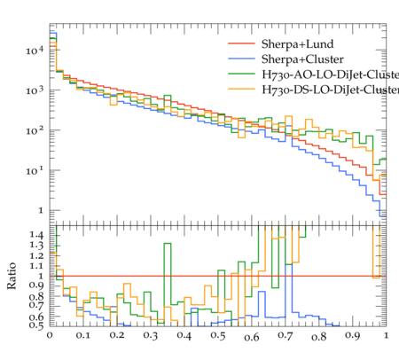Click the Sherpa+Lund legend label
click(x=297, y=44)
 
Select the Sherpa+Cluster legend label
click(x=302, y=59)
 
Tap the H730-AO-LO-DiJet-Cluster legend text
click(x=330, y=74)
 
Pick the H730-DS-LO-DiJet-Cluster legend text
click(x=330, y=90)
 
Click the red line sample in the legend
click(x=241, y=43)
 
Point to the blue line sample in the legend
click(x=241, y=59)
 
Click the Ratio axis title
click(x=12, y=276)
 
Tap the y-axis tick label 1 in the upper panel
click(x=41, y=210)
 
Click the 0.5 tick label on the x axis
click(x=218, y=335)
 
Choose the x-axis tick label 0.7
click(x=286, y=335)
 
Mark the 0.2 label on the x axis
click(x=117, y=335)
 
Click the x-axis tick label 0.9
click(x=353, y=335)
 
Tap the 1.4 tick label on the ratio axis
click(x=36, y=235)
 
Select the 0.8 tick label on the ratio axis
click(x=36, y=296)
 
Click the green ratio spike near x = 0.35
click(x=168, y=244)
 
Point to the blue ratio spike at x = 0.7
click(x=289, y=265)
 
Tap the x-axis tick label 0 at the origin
click(x=50, y=335)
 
